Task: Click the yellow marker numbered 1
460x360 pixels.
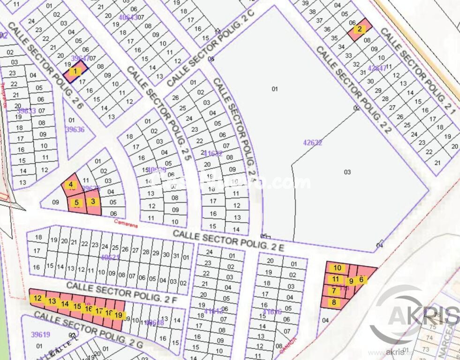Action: click(75, 72)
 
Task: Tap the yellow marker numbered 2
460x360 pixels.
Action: click(360, 29)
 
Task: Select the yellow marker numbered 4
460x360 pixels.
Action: click(71, 185)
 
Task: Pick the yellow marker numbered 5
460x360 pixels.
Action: click(77, 203)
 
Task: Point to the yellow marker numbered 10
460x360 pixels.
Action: click(338, 268)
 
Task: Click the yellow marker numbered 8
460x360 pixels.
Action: click(334, 302)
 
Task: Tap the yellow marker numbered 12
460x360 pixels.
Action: click(38, 298)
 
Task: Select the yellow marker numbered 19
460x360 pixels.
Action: click(119, 315)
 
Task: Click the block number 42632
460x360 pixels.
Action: click(313, 142)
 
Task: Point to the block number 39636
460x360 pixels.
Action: click(75, 129)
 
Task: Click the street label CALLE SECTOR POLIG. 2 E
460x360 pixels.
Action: click(228, 240)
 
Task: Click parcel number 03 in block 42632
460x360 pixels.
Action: click(347, 172)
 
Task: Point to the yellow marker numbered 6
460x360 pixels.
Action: click(361, 279)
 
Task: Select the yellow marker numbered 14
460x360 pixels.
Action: click(65, 304)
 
